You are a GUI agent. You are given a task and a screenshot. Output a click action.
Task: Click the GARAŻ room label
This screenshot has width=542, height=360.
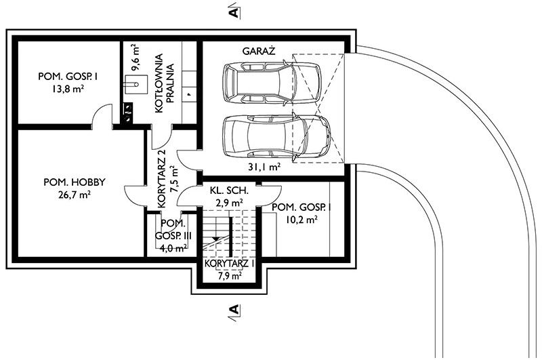(x=259, y=51)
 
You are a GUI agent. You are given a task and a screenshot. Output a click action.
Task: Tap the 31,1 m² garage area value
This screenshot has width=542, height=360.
(x=264, y=167)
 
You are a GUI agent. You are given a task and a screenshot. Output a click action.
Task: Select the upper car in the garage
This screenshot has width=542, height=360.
(x=272, y=83)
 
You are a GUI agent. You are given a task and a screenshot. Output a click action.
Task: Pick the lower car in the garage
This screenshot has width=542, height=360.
(x=276, y=136)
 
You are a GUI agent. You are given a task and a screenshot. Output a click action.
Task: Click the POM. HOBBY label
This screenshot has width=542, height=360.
(x=75, y=182)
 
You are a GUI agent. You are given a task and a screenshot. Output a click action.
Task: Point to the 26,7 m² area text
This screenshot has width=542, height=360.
(x=75, y=195)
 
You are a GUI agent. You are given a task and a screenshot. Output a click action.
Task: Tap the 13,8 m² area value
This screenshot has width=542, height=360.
(x=68, y=89)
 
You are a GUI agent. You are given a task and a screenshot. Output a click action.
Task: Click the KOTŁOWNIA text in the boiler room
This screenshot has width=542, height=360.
(x=159, y=83)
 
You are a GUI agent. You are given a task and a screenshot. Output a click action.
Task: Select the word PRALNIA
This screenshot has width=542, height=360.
(x=170, y=83)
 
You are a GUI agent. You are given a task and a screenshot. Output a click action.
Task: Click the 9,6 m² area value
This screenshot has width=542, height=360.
(x=135, y=58)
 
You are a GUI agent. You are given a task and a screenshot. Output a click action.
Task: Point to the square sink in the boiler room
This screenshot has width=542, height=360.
(x=136, y=84)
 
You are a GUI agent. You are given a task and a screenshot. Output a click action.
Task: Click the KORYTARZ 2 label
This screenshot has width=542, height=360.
(x=162, y=179)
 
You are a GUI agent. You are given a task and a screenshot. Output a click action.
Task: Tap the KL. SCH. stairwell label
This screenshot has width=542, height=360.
(x=229, y=191)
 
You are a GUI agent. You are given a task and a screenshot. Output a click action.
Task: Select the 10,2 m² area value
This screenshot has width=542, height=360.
(x=301, y=219)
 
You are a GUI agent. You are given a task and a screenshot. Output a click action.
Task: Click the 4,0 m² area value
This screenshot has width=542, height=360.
(x=173, y=247)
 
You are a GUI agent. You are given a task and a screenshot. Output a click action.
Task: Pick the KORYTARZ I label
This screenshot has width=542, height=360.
(x=230, y=264)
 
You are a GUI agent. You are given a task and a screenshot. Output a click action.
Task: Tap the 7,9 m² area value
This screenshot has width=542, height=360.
(x=230, y=276)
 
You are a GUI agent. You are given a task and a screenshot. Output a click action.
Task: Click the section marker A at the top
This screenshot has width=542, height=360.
(x=234, y=12)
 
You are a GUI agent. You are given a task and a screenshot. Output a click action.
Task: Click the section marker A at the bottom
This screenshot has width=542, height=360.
(x=234, y=311)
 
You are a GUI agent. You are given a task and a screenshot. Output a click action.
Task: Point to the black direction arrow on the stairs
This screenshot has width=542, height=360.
(x=215, y=239)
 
